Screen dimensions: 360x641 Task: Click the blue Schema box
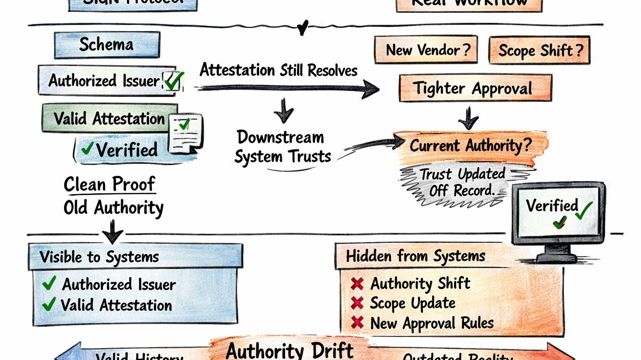pyautogui.click(x=107, y=45)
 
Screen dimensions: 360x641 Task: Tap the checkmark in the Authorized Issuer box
pyautogui.click(x=173, y=81)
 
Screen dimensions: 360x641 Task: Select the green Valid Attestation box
pyautogui.click(x=109, y=119)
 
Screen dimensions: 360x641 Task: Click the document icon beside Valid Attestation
pyautogui.click(x=185, y=133)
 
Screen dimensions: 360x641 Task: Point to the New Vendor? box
pyautogui.click(x=426, y=50)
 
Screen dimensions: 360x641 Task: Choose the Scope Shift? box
pyautogui.click(x=539, y=51)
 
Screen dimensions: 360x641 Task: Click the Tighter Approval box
pyautogui.click(x=475, y=88)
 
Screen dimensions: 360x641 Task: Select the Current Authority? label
pyautogui.click(x=471, y=145)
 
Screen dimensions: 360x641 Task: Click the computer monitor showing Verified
pyautogui.click(x=558, y=213)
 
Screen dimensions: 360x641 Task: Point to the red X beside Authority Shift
pyautogui.click(x=357, y=284)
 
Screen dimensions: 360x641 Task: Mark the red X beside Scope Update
pyautogui.click(x=357, y=303)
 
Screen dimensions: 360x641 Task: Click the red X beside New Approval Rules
pyautogui.click(x=357, y=322)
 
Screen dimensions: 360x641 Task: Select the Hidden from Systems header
pyautogui.click(x=416, y=256)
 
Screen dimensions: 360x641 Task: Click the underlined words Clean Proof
pyautogui.click(x=109, y=184)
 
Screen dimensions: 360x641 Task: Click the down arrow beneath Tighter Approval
pyautogui.click(x=469, y=118)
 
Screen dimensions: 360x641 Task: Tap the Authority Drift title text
pyautogui.click(x=289, y=350)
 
